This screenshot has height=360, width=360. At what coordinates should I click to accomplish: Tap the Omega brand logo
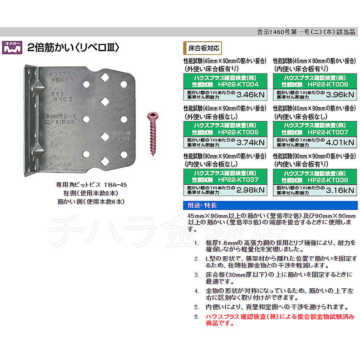pos(12,47)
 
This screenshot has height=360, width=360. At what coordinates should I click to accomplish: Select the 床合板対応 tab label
pos(203,47)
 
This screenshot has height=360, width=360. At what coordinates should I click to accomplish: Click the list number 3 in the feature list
pos(196,275)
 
